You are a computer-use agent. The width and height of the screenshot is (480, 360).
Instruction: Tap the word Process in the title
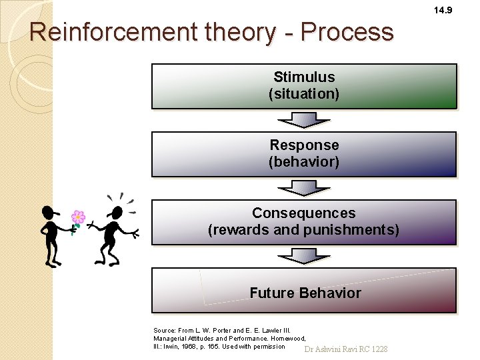[347, 32]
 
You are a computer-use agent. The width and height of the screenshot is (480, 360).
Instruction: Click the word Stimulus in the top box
[304, 77]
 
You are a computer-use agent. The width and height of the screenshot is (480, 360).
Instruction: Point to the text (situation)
[304, 94]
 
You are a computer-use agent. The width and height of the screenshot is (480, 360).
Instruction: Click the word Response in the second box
[304, 145]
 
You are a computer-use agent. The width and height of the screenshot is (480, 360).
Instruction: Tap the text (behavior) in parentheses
[304, 162]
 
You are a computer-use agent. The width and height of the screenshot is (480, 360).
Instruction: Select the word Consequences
[304, 213]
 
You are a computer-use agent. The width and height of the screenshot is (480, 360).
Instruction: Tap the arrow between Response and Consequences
[304, 189]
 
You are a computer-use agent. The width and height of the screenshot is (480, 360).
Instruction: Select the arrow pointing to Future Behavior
[304, 257]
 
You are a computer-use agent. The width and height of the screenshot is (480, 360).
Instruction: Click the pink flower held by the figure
[79, 217]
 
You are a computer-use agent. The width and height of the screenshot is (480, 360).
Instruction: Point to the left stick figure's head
[49, 213]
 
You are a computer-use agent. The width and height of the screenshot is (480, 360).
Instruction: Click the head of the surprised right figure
[117, 213]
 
